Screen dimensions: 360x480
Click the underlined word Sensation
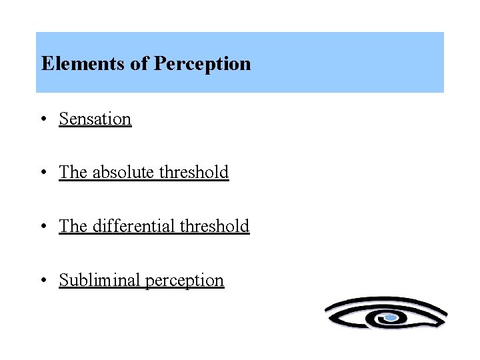[95, 119]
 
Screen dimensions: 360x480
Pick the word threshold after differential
[215, 226]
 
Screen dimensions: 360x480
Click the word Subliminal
[99, 280]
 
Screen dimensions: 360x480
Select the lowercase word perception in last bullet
[185, 281]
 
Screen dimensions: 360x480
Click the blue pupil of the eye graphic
[391, 318]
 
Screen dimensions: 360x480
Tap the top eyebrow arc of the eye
[387, 301]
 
